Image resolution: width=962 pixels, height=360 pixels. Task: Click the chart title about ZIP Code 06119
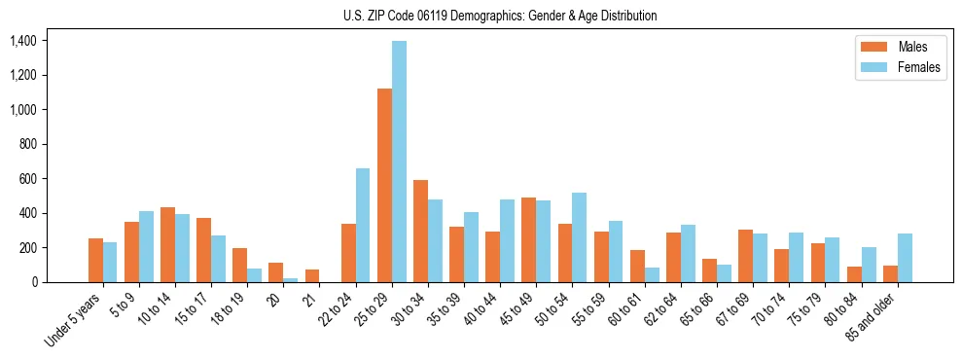point(500,16)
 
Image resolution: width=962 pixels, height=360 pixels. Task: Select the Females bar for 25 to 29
point(399,162)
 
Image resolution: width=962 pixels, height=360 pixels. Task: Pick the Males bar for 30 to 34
point(420,231)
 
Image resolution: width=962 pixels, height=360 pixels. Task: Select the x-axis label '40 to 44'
point(485,306)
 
